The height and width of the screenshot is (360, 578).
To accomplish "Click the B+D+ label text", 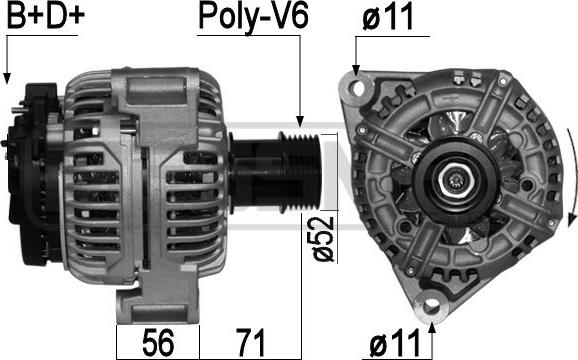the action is tap(45, 15).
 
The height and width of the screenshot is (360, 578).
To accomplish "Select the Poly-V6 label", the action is tap(253, 17).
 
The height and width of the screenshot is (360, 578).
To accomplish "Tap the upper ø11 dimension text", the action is tap(387, 18).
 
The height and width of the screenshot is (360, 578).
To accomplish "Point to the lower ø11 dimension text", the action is tap(395, 341).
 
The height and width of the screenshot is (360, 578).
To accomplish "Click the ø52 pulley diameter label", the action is tap(323, 239).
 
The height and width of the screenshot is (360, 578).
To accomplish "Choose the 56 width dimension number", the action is tap(158, 342).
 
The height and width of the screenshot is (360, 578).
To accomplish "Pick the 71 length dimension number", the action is tap(251, 342).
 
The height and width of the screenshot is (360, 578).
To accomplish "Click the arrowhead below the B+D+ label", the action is tap(7, 77).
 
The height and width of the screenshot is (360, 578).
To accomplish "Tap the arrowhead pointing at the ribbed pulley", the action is tap(300, 121).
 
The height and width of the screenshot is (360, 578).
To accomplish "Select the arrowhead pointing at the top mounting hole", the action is tap(356, 70).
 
